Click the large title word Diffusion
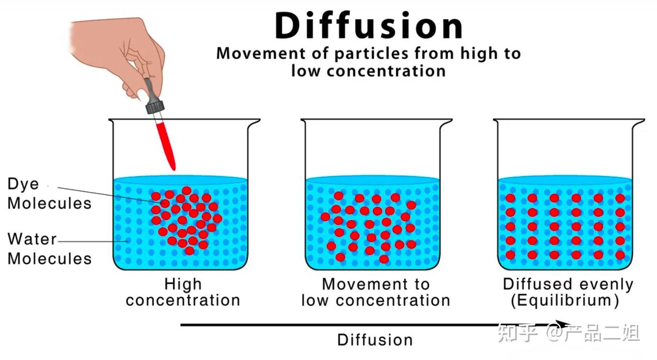(369, 26)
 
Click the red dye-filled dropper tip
(166, 144)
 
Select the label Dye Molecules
(49, 194)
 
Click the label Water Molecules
(49, 249)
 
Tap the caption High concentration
(183, 292)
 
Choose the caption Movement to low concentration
(375, 292)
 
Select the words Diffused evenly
(568, 284)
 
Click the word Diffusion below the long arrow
(375, 340)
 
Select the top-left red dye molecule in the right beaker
(510, 198)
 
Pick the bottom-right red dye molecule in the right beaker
(620, 255)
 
